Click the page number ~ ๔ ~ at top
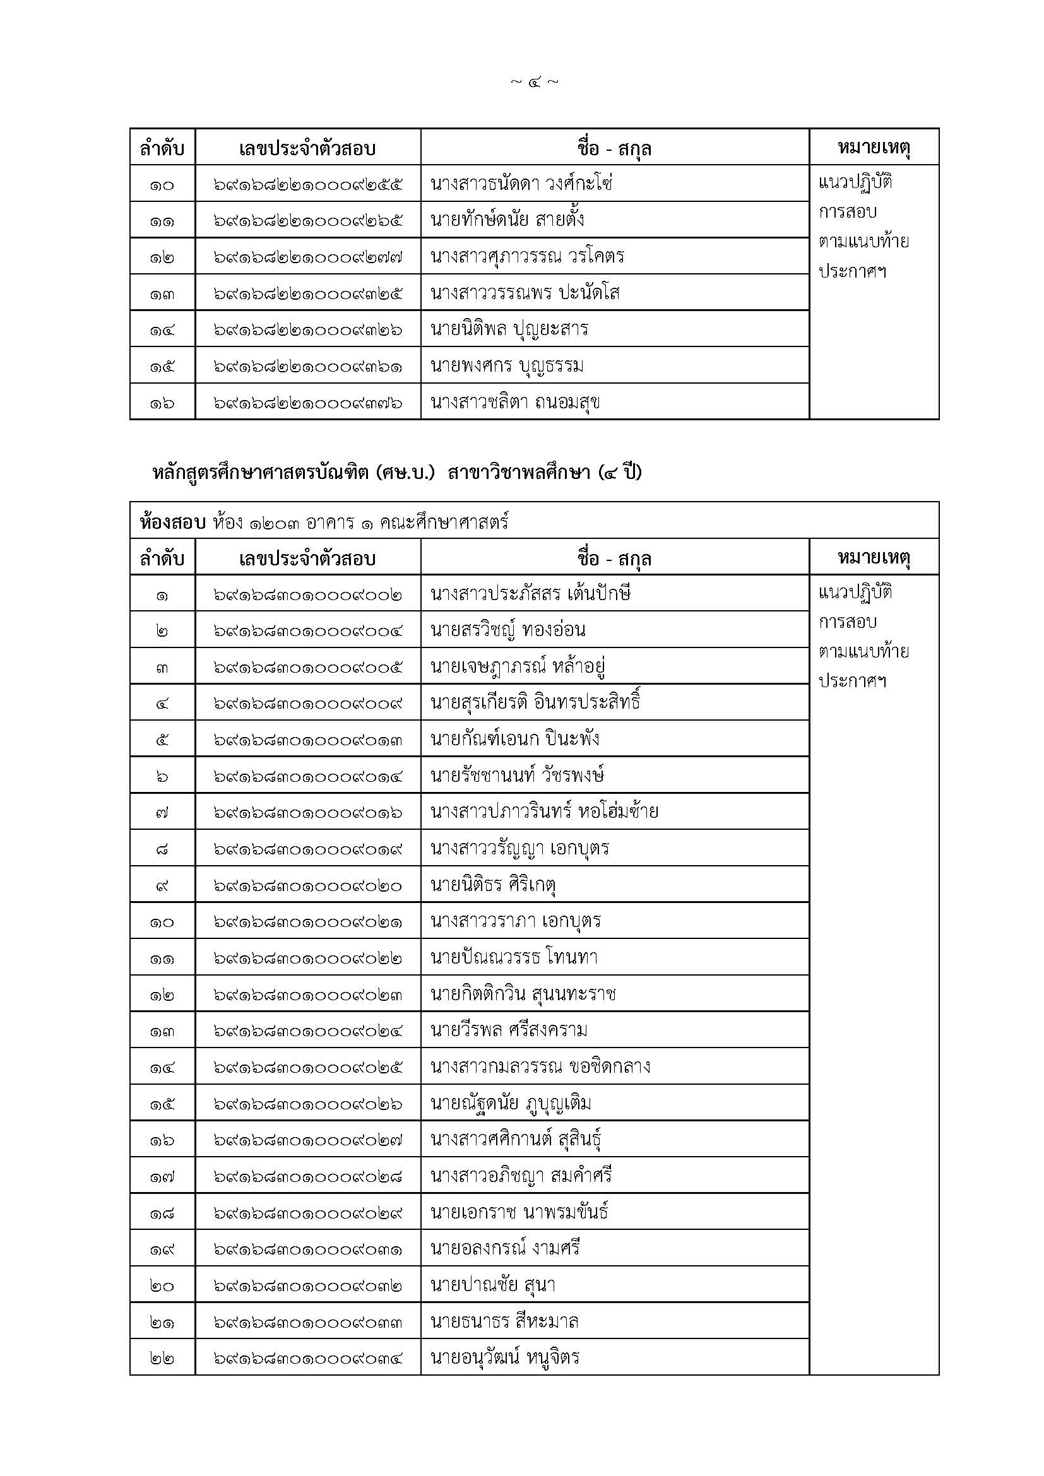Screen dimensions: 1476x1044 tap(533, 82)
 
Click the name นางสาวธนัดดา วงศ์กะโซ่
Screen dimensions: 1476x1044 tap(521, 184)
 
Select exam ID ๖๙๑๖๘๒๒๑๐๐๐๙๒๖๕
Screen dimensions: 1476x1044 tap(308, 221)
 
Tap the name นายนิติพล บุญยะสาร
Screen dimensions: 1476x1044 tap(509, 330)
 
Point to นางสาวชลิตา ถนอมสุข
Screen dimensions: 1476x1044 tap(515, 403)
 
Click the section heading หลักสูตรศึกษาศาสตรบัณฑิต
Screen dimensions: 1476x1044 tap(270, 473)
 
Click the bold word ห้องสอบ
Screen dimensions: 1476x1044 tap(172, 522)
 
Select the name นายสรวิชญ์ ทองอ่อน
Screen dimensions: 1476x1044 tap(508, 630)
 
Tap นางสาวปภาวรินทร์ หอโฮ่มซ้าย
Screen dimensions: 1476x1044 tap(545, 812)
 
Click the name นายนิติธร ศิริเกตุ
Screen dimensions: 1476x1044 tap(493, 885)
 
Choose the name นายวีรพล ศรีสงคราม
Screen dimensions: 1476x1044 tap(509, 1030)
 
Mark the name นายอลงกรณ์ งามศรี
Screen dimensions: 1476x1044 tap(506, 1249)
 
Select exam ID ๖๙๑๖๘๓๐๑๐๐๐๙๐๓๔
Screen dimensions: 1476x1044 tap(308, 1359)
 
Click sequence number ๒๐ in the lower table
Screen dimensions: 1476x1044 tap(162, 1285)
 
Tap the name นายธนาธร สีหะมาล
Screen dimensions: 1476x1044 tap(505, 1322)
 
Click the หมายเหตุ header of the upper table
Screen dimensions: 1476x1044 tap(874, 148)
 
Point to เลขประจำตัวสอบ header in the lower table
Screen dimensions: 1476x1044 tap(307, 558)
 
